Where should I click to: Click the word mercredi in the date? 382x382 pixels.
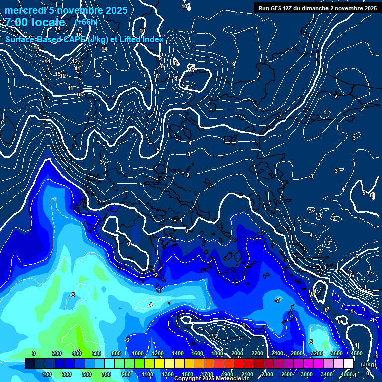23,10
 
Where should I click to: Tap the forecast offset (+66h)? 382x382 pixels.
86,22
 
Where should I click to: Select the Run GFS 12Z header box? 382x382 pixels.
317,8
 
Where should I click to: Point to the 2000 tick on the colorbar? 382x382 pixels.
238,353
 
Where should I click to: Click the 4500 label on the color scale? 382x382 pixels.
356,353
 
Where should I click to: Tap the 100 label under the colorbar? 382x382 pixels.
47,374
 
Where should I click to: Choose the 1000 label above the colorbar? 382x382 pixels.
138,353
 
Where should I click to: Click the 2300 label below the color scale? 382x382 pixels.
267,374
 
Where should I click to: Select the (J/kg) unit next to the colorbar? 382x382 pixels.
368,364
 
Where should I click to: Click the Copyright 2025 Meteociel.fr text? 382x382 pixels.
211,379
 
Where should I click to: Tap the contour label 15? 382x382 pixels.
36,47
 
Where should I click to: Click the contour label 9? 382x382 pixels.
233,64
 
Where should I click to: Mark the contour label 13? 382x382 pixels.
58,74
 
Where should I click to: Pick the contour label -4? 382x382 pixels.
150,304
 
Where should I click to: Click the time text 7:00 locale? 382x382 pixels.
35,22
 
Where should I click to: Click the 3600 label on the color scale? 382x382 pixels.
337,353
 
